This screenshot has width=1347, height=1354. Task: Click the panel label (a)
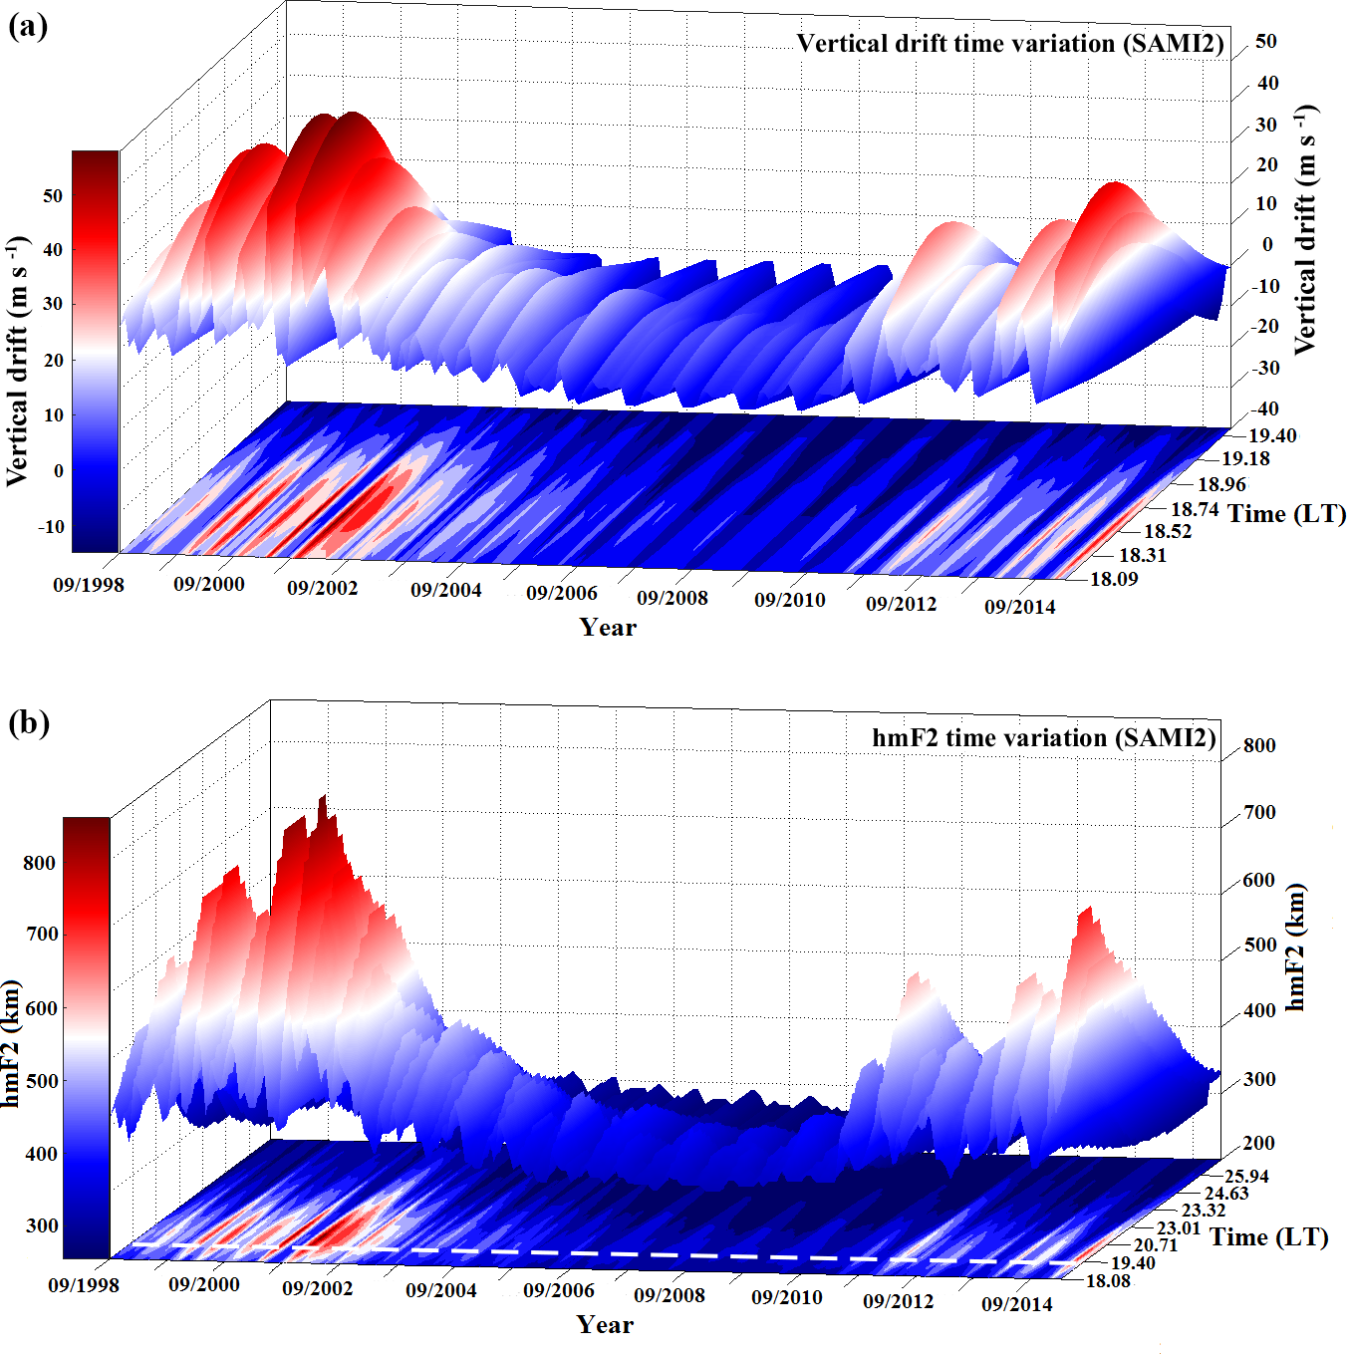point(28,26)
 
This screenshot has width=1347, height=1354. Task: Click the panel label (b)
point(28,722)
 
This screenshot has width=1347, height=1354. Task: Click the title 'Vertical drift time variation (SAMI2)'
point(1009,44)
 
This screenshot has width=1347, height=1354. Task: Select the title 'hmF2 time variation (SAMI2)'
point(1044,738)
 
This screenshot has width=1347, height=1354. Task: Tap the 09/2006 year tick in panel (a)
point(562,593)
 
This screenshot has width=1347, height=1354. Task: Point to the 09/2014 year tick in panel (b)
point(1016,1304)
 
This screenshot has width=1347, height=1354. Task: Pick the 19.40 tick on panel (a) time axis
point(1272,435)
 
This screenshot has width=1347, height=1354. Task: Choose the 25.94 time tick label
point(1247,1177)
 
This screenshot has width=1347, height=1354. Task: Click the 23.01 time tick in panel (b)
point(1179,1228)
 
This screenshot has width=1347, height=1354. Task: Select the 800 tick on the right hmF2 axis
point(1259,745)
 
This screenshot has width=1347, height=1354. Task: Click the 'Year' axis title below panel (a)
point(608,627)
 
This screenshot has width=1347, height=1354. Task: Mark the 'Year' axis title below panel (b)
point(605,1324)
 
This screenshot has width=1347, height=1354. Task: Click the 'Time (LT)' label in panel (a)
point(1286,514)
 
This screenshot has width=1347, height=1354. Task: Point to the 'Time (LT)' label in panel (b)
point(1269,1237)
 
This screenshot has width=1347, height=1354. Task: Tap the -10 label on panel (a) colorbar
point(51,527)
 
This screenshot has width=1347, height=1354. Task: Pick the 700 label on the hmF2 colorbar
point(40,935)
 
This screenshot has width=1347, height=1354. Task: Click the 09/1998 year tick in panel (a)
point(89,585)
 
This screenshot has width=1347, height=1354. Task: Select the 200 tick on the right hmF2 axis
point(1259,1143)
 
